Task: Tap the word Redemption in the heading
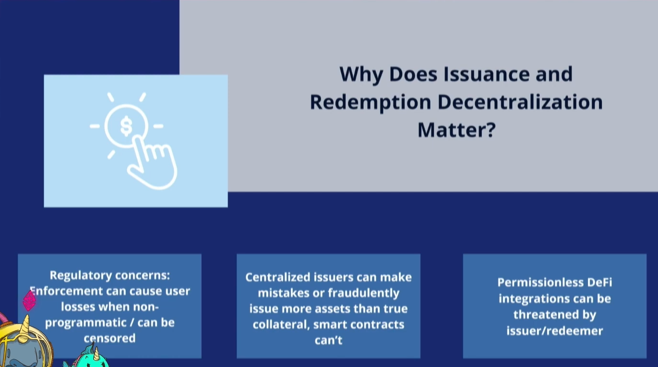371,102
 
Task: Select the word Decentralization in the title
520,102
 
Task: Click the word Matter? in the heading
456,130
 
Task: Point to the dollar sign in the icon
126,126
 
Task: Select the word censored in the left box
109,338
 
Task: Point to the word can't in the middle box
328,340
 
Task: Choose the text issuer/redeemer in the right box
555,331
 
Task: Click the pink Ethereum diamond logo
29,300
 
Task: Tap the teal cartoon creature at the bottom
88,357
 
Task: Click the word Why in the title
361,74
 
